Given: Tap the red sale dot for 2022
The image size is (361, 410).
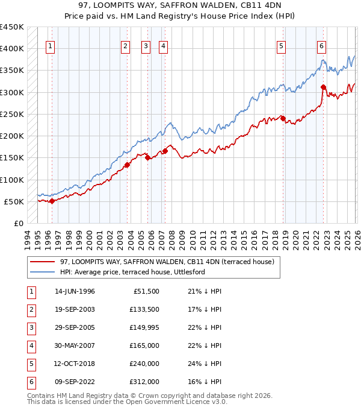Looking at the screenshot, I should pyautogui.click(x=323, y=87).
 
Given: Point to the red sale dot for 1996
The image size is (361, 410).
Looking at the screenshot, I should pyautogui.click(x=52, y=201).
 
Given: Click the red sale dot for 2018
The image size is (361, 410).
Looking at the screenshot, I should pyautogui.click(x=283, y=118).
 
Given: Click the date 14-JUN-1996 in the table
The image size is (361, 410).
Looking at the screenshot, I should pyautogui.click(x=75, y=291).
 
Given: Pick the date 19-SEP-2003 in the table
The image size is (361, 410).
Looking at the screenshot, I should pyautogui.click(x=75, y=309).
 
